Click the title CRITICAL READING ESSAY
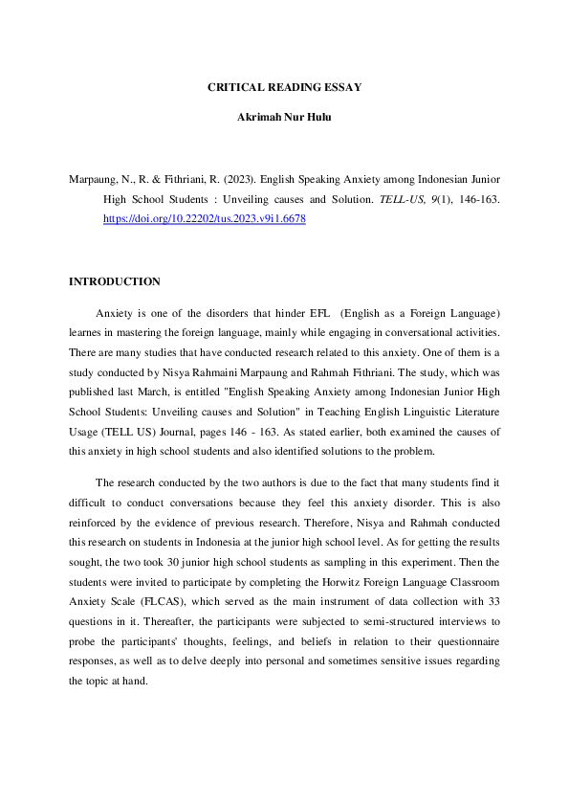click(284, 87)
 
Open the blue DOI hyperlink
click(204, 219)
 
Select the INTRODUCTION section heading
click(115, 281)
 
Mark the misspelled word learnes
click(87, 331)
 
